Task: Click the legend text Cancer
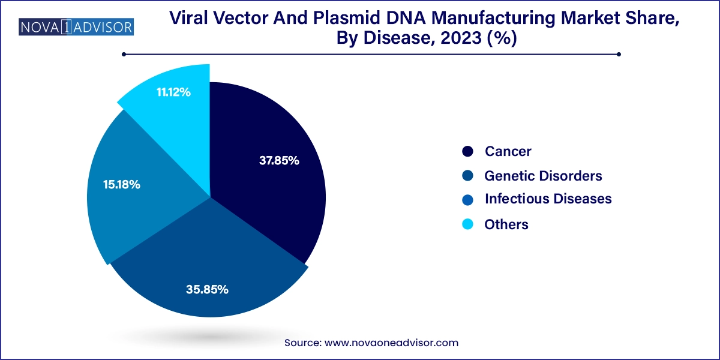click(508, 152)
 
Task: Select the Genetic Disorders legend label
click(543, 176)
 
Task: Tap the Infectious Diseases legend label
click(548, 199)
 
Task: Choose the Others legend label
click(506, 224)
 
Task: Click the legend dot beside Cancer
click(469, 152)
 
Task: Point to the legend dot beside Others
click(469, 224)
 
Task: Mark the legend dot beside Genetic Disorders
click(469, 176)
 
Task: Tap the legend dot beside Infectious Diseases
click(469, 199)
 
